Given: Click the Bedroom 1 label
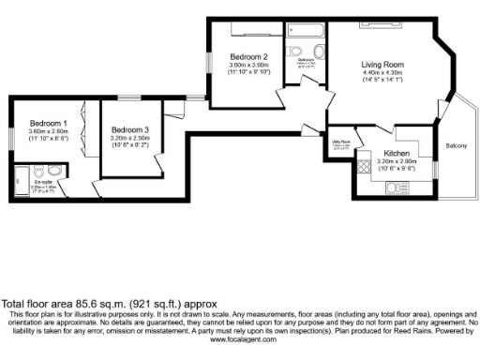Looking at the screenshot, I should (x=47, y=123).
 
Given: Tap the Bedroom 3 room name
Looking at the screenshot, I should (x=129, y=129).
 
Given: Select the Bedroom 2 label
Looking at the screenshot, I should (x=249, y=57).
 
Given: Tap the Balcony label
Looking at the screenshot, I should (x=457, y=145).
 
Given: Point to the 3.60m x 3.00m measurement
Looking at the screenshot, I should (x=249, y=66).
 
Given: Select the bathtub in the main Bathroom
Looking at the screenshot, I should (x=305, y=28).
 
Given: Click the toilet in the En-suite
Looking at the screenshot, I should (x=54, y=171).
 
